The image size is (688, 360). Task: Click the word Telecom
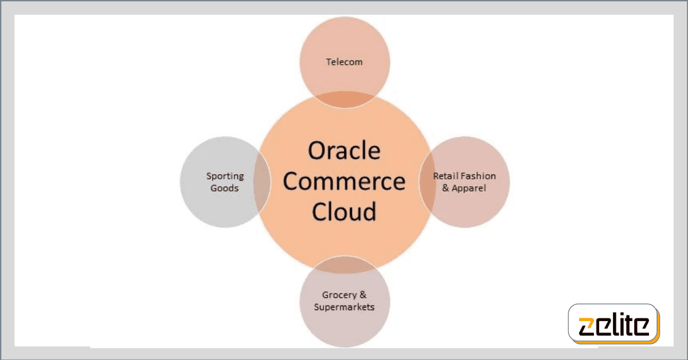point(344,62)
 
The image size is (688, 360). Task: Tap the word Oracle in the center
point(344,151)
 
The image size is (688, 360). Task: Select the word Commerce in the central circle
point(344,181)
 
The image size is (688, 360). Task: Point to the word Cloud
point(344,212)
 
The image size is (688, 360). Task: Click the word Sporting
point(225,177)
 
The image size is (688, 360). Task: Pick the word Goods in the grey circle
point(225,188)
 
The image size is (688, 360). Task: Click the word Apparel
point(469,188)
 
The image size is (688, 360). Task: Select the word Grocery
point(339,295)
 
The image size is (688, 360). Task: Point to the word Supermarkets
point(344,307)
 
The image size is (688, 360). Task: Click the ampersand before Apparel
point(445,188)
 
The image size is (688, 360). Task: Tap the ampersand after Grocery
point(363,295)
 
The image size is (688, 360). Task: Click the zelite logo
point(613,324)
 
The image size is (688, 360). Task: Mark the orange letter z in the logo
point(586,327)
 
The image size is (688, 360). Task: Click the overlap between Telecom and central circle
point(345,100)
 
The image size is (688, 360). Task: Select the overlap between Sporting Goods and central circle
point(263,182)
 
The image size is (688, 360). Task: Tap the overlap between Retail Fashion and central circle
point(427,182)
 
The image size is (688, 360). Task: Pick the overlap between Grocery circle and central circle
point(345,264)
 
